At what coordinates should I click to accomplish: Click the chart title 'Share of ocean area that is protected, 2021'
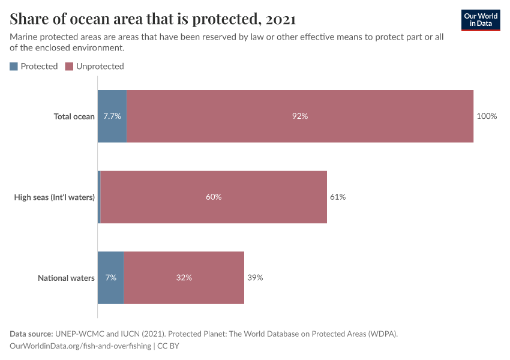(x=152, y=19)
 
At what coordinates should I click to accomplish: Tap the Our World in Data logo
(x=481, y=20)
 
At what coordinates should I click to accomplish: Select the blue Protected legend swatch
(x=14, y=67)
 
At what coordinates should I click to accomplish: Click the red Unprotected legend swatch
(x=69, y=67)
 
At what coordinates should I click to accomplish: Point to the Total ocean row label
(x=74, y=116)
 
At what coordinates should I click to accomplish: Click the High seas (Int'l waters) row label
(x=55, y=197)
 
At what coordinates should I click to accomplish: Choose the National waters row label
(x=66, y=278)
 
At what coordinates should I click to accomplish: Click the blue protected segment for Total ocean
(x=112, y=116)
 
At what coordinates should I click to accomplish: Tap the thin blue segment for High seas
(x=99, y=197)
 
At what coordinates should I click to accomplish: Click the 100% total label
(x=487, y=116)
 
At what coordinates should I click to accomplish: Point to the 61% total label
(x=338, y=197)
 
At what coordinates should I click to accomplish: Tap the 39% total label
(x=255, y=278)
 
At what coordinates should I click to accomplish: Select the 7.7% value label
(x=112, y=116)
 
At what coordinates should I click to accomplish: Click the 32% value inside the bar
(x=184, y=278)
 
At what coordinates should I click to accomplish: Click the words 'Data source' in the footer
(x=31, y=334)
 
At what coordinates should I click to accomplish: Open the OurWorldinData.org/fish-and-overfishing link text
(x=80, y=346)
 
